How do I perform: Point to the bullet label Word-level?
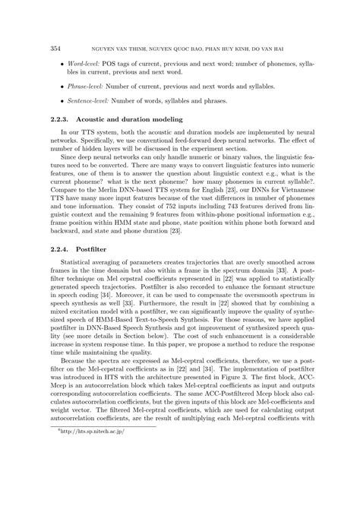[87, 58]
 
